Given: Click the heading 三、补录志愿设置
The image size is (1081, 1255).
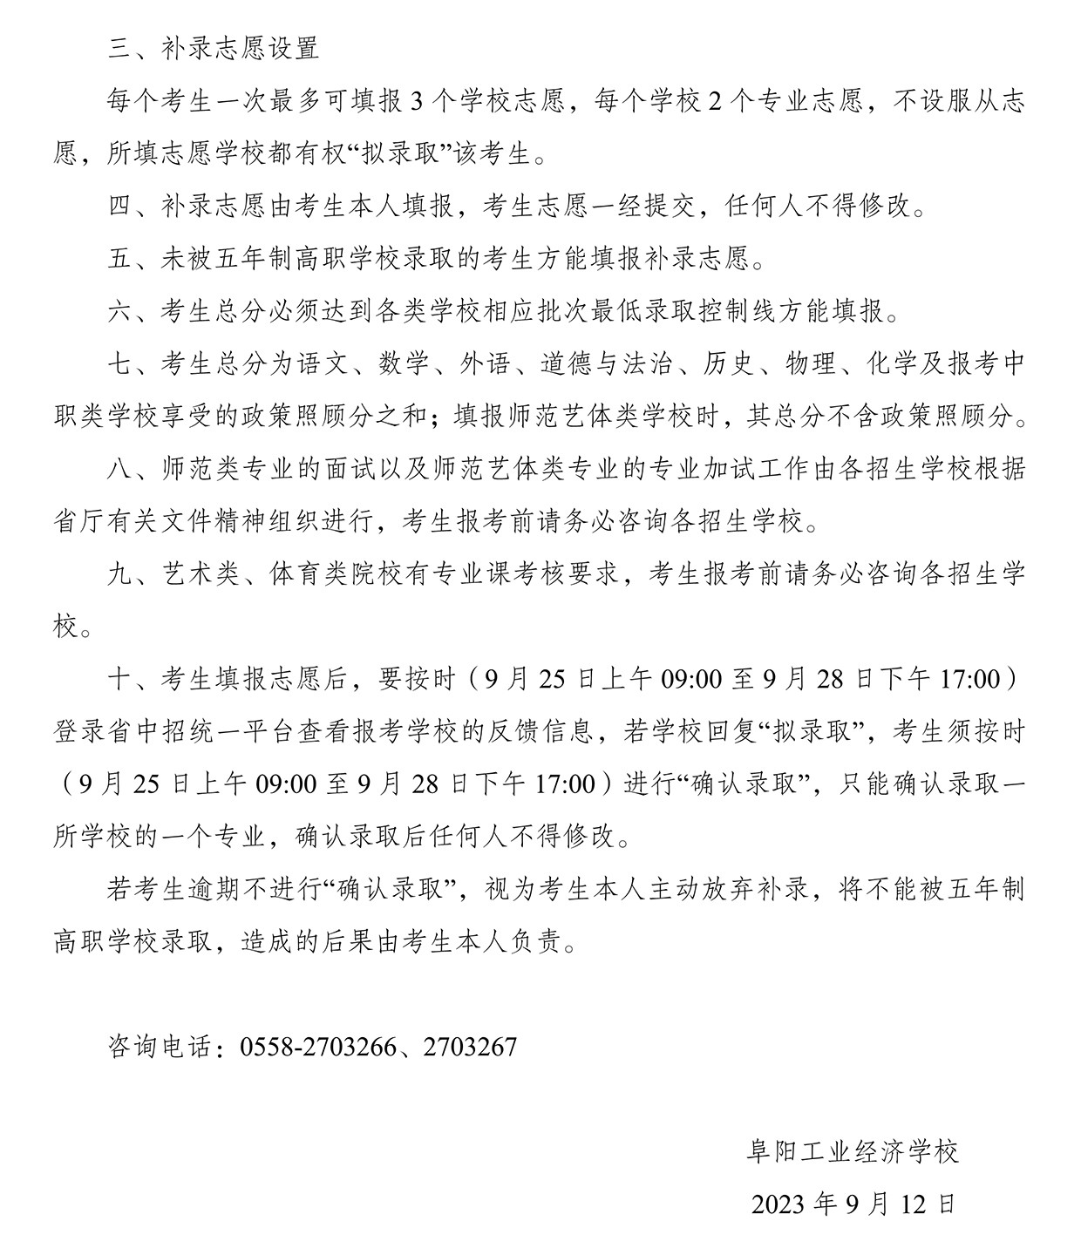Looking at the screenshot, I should [214, 48].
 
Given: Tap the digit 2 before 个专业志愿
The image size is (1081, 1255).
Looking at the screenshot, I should [713, 102].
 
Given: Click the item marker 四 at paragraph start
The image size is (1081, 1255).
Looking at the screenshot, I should [120, 207].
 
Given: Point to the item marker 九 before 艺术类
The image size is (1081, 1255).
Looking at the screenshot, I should [120, 573].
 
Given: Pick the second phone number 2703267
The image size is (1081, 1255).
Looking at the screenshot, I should [470, 1046].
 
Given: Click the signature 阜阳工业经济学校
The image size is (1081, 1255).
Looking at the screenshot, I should [853, 1152].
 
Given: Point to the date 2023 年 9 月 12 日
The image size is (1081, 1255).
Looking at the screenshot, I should [853, 1204].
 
